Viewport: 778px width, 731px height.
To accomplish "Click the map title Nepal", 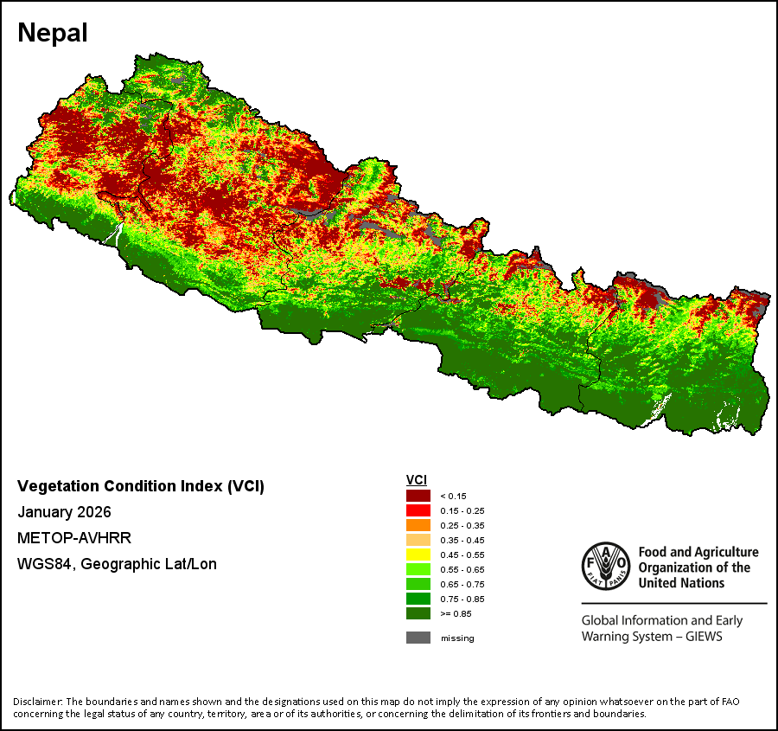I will coord(52,33).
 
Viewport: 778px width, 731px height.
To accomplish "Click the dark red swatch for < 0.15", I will coord(418,496).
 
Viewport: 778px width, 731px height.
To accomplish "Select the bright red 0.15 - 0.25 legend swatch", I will coord(418,510).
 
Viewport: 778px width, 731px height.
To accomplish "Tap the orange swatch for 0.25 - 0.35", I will coord(418,525).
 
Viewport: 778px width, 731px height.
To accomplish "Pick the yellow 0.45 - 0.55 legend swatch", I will coord(418,555).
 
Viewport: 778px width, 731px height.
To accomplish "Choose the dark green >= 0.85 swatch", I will coord(418,613).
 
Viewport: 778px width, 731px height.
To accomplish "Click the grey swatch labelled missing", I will coord(418,638).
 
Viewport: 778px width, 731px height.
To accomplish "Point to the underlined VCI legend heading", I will coord(417,480).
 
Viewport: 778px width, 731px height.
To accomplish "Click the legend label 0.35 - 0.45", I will coord(462,540).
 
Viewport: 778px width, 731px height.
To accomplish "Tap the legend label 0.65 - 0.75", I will coord(462,584).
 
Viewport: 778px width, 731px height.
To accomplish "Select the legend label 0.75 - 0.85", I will coord(462,599).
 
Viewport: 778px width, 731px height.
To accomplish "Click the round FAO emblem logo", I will coord(605,566).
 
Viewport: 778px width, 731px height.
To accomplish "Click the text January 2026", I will coord(64,512).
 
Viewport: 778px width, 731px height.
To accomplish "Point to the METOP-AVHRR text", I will coord(74,538).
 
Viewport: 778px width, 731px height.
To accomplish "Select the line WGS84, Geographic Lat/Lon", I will coord(117,564).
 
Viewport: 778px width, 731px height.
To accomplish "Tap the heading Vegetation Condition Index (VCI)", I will coord(141,486).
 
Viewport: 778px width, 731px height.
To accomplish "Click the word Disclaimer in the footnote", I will coord(37,701).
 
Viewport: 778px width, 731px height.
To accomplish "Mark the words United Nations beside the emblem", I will coord(681,583).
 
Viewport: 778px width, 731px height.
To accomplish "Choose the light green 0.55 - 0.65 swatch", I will coord(418,569).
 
